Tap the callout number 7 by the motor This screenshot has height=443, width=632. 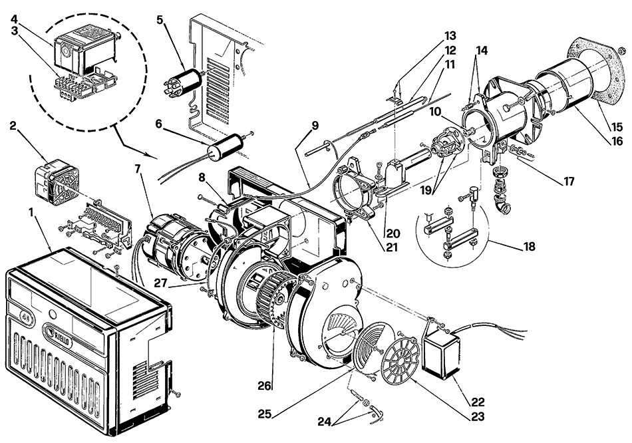tap(138, 169)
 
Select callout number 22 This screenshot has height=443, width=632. tap(478, 402)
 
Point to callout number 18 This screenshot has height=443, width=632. tap(530, 246)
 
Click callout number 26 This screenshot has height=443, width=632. tap(264, 386)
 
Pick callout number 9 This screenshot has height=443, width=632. tap(315, 125)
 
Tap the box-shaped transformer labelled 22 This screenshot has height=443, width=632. tap(441, 350)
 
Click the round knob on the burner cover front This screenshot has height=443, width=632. tap(53, 313)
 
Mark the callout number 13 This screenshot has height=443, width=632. tap(450, 35)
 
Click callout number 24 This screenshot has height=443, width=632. tap(325, 422)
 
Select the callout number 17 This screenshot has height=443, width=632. tap(569, 182)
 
